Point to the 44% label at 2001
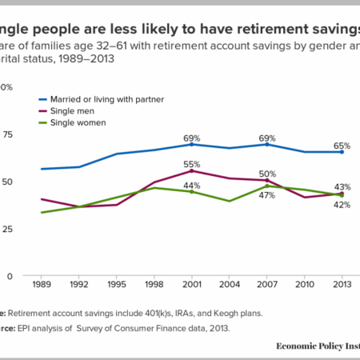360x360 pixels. click(x=191, y=185)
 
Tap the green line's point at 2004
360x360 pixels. click(x=230, y=201)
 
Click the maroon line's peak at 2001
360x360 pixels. click(x=191, y=171)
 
